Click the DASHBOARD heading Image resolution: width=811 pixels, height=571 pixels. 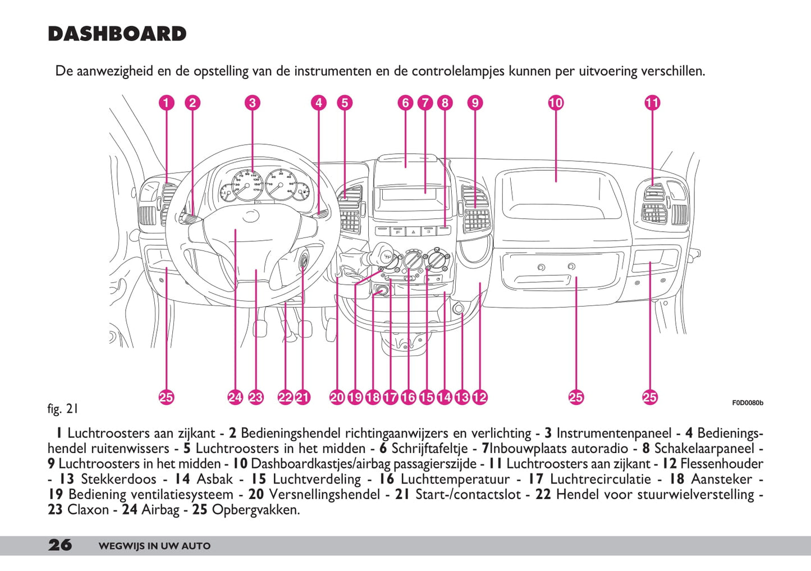[117, 34]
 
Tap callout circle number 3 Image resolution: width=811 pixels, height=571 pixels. [253, 103]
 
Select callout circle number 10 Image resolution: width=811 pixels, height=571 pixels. [556, 103]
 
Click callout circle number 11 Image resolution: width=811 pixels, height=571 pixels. [652, 103]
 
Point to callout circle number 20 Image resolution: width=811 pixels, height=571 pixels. [337, 398]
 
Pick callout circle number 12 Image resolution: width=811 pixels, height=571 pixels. [480, 398]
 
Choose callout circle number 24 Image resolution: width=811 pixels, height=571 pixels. [235, 398]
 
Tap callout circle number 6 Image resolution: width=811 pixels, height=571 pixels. [405, 103]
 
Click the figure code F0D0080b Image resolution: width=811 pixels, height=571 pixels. [747, 403]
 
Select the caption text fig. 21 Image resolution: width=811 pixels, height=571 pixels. [62, 409]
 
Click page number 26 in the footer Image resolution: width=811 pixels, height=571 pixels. [60, 545]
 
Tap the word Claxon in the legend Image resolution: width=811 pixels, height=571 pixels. [88, 510]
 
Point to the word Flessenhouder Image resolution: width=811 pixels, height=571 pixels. [722, 464]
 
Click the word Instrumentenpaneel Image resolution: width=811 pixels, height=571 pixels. [613, 433]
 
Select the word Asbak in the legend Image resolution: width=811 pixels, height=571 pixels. [214, 479]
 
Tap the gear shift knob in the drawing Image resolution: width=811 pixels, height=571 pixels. [384, 252]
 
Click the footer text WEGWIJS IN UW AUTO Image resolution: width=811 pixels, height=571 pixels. [154, 546]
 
